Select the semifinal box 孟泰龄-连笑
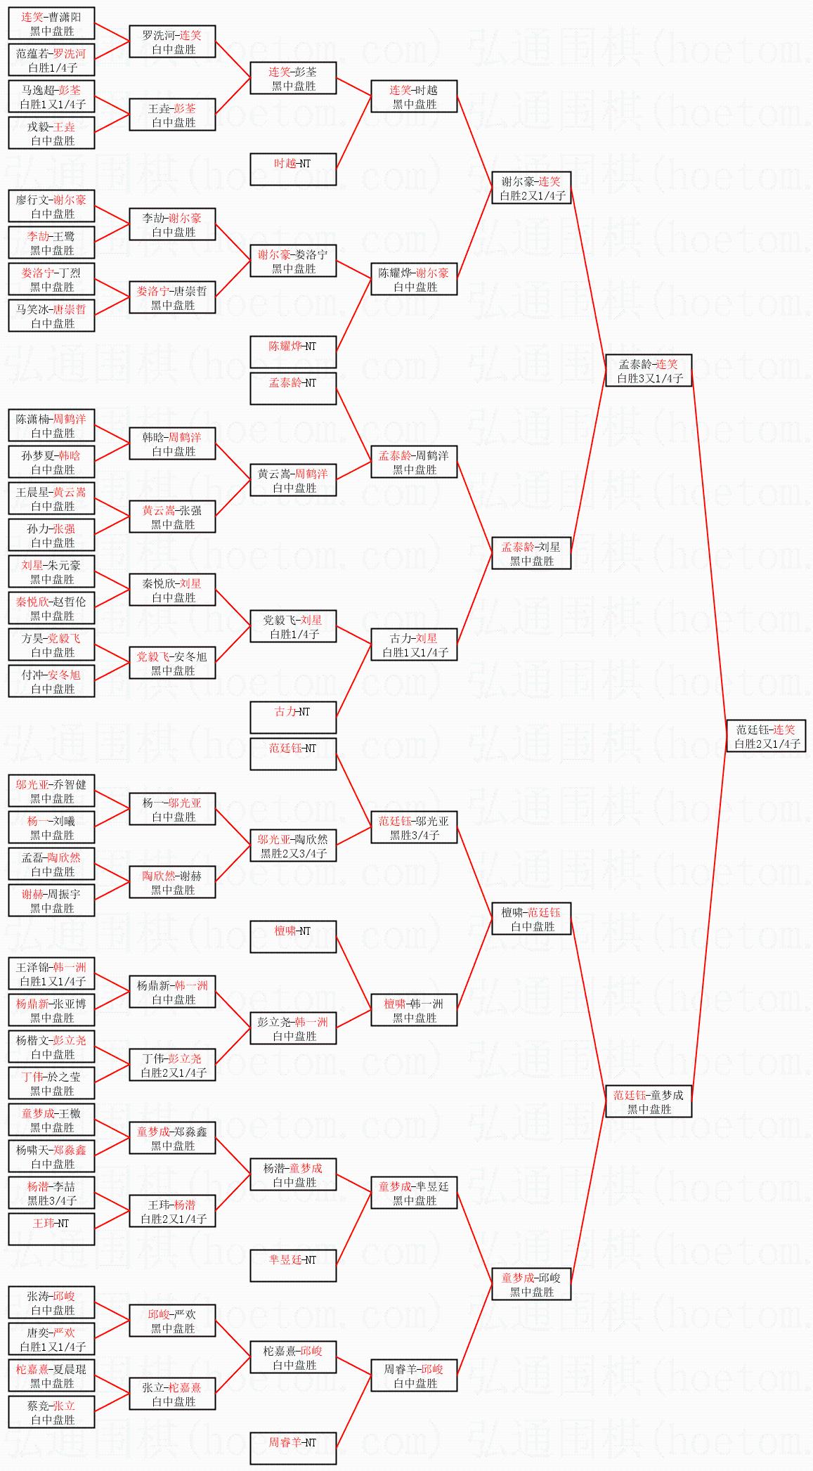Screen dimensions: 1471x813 [649, 371]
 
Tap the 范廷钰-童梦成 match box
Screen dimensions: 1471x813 [649, 1102]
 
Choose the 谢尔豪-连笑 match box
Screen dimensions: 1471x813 [531, 188]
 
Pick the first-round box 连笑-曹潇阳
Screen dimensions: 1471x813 [51, 24]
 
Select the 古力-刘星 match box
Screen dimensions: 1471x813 [414, 645]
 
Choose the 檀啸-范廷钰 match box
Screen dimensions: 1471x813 [531, 919]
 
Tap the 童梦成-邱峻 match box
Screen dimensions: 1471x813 [531, 1285]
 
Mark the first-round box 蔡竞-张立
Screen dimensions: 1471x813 [51, 1413]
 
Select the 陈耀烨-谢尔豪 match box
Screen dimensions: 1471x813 [414, 280]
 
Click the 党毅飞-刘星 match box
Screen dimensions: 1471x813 [293, 627]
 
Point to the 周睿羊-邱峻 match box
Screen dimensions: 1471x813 [414, 1376]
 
